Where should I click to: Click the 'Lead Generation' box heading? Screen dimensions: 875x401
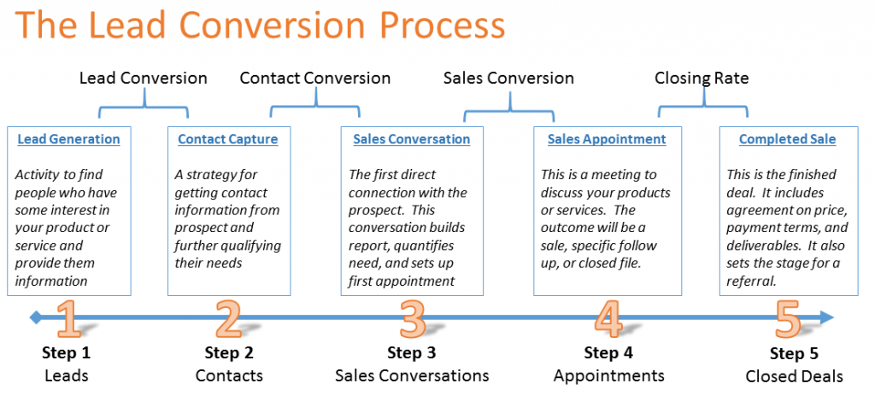click(68, 139)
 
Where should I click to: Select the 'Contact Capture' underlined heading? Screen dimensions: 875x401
click(227, 139)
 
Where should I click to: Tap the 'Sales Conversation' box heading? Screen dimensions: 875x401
click(411, 139)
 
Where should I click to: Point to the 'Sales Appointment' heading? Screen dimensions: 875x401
click(607, 139)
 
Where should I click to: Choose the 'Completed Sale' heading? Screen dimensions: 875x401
click(787, 139)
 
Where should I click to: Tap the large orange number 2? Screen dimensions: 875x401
click(228, 319)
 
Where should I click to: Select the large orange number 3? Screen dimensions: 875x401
click(412, 319)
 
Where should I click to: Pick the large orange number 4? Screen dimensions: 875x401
click(608, 319)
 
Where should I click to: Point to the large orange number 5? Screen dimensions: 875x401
click(788, 319)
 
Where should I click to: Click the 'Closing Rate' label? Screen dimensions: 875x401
click(702, 78)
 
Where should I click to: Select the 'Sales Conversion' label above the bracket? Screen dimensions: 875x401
click(508, 78)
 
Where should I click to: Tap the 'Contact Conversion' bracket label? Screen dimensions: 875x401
click(315, 78)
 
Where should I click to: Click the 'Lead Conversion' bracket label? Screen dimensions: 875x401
click(144, 78)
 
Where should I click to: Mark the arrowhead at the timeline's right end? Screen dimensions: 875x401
click(827, 318)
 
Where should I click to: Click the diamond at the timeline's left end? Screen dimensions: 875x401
click(36, 318)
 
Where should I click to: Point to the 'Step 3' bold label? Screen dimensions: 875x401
click(412, 353)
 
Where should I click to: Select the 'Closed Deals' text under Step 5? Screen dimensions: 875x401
click(794, 377)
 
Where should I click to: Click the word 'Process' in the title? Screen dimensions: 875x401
click(435, 26)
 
